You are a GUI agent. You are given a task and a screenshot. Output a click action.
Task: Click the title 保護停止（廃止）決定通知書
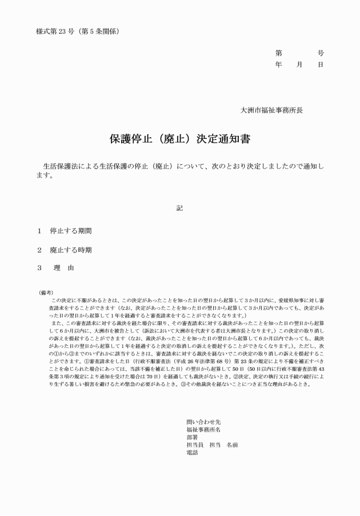[x=179, y=139]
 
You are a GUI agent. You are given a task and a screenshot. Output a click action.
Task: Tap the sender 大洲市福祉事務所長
[x=271, y=109]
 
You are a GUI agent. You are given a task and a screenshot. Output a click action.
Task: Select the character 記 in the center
[x=180, y=208]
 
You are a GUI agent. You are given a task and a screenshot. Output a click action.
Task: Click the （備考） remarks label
[x=46, y=293]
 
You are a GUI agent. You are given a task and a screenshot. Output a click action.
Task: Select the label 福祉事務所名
[x=203, y=429]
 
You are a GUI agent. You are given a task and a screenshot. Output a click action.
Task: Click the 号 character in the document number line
[x=321, y=53]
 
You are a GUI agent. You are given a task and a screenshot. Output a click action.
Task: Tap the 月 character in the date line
[x=299, y=65]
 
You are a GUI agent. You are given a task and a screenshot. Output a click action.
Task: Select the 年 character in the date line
[x=279, y=65]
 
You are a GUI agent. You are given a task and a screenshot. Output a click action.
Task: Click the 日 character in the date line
[x=321, y=65]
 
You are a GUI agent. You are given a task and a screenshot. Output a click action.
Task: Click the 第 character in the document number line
[x=279, y=53]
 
